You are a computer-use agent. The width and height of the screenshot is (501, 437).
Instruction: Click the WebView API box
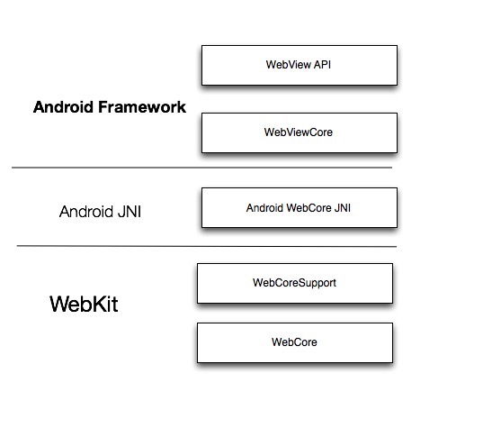300,65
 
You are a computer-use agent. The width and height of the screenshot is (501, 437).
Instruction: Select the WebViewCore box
300,132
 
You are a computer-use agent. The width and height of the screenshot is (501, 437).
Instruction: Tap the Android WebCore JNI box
300,207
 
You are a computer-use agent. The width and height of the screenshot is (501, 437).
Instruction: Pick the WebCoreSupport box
294,283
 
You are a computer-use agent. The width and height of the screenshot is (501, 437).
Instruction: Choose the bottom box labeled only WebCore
294,342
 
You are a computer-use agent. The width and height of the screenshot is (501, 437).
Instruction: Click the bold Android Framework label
110,107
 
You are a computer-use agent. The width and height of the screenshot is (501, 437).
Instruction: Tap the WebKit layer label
84,305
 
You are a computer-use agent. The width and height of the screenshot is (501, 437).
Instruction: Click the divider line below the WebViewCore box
201,168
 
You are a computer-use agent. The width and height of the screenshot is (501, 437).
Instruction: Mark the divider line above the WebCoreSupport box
206,246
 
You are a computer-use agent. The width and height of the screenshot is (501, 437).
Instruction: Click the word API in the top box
323,65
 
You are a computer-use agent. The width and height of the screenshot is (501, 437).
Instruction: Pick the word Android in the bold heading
66,107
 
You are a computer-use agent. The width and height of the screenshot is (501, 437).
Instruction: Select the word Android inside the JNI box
265,207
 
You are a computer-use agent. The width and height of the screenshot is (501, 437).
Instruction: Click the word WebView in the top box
289,65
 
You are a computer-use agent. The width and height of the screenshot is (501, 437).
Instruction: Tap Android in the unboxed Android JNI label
85,213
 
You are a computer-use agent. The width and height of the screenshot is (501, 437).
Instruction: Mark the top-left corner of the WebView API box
201,47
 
